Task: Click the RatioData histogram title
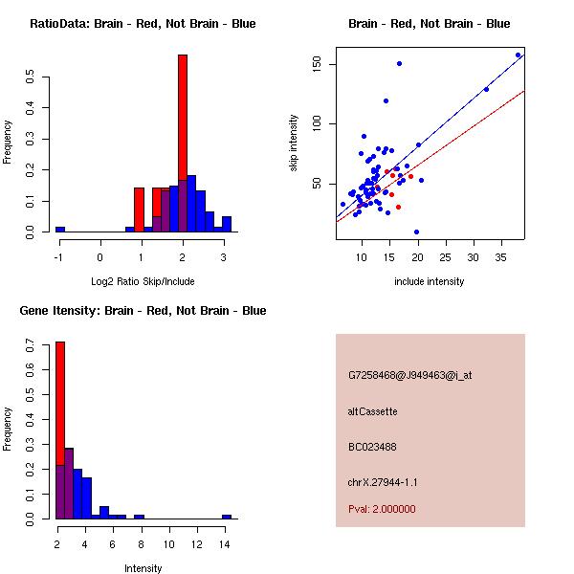click(143, 24)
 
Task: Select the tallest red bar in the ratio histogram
click(183, 143)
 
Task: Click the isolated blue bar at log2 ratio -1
click(60, 230)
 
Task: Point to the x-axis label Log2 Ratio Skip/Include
click(141, 280)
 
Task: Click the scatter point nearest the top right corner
click(518, 55)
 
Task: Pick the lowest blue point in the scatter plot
click(416, 232)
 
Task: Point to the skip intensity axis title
click(295, 143)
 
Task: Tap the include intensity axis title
click(430, 281)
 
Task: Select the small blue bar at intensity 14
click(227, 517)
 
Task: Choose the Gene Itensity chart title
click(143, 311)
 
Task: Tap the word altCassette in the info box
click(373, 411)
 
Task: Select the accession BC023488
click(372, 447)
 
